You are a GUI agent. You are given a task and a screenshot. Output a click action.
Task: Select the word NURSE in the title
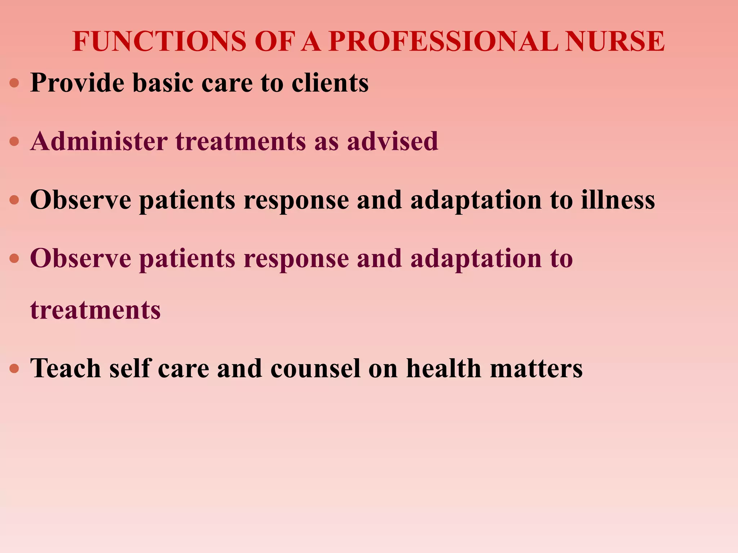tap(614, 41)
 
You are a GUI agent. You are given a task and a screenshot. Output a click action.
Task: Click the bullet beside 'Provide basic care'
tap(14, 84)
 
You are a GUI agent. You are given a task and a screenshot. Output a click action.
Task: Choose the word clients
tap(330, 83)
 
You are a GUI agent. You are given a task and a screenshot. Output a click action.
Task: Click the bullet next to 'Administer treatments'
tap(14, 141)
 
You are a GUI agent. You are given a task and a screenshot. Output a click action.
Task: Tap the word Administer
tap(99, 141)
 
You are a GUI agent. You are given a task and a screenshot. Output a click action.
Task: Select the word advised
tap(392, 141)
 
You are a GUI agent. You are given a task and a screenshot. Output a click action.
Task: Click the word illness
tap(618, 199)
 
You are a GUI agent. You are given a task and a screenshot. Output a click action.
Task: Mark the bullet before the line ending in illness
tap(14, 200)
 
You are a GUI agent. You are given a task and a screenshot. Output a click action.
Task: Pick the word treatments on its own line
tap(95, 310)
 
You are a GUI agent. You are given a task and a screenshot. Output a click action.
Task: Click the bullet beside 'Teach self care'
tap(14, 369)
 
